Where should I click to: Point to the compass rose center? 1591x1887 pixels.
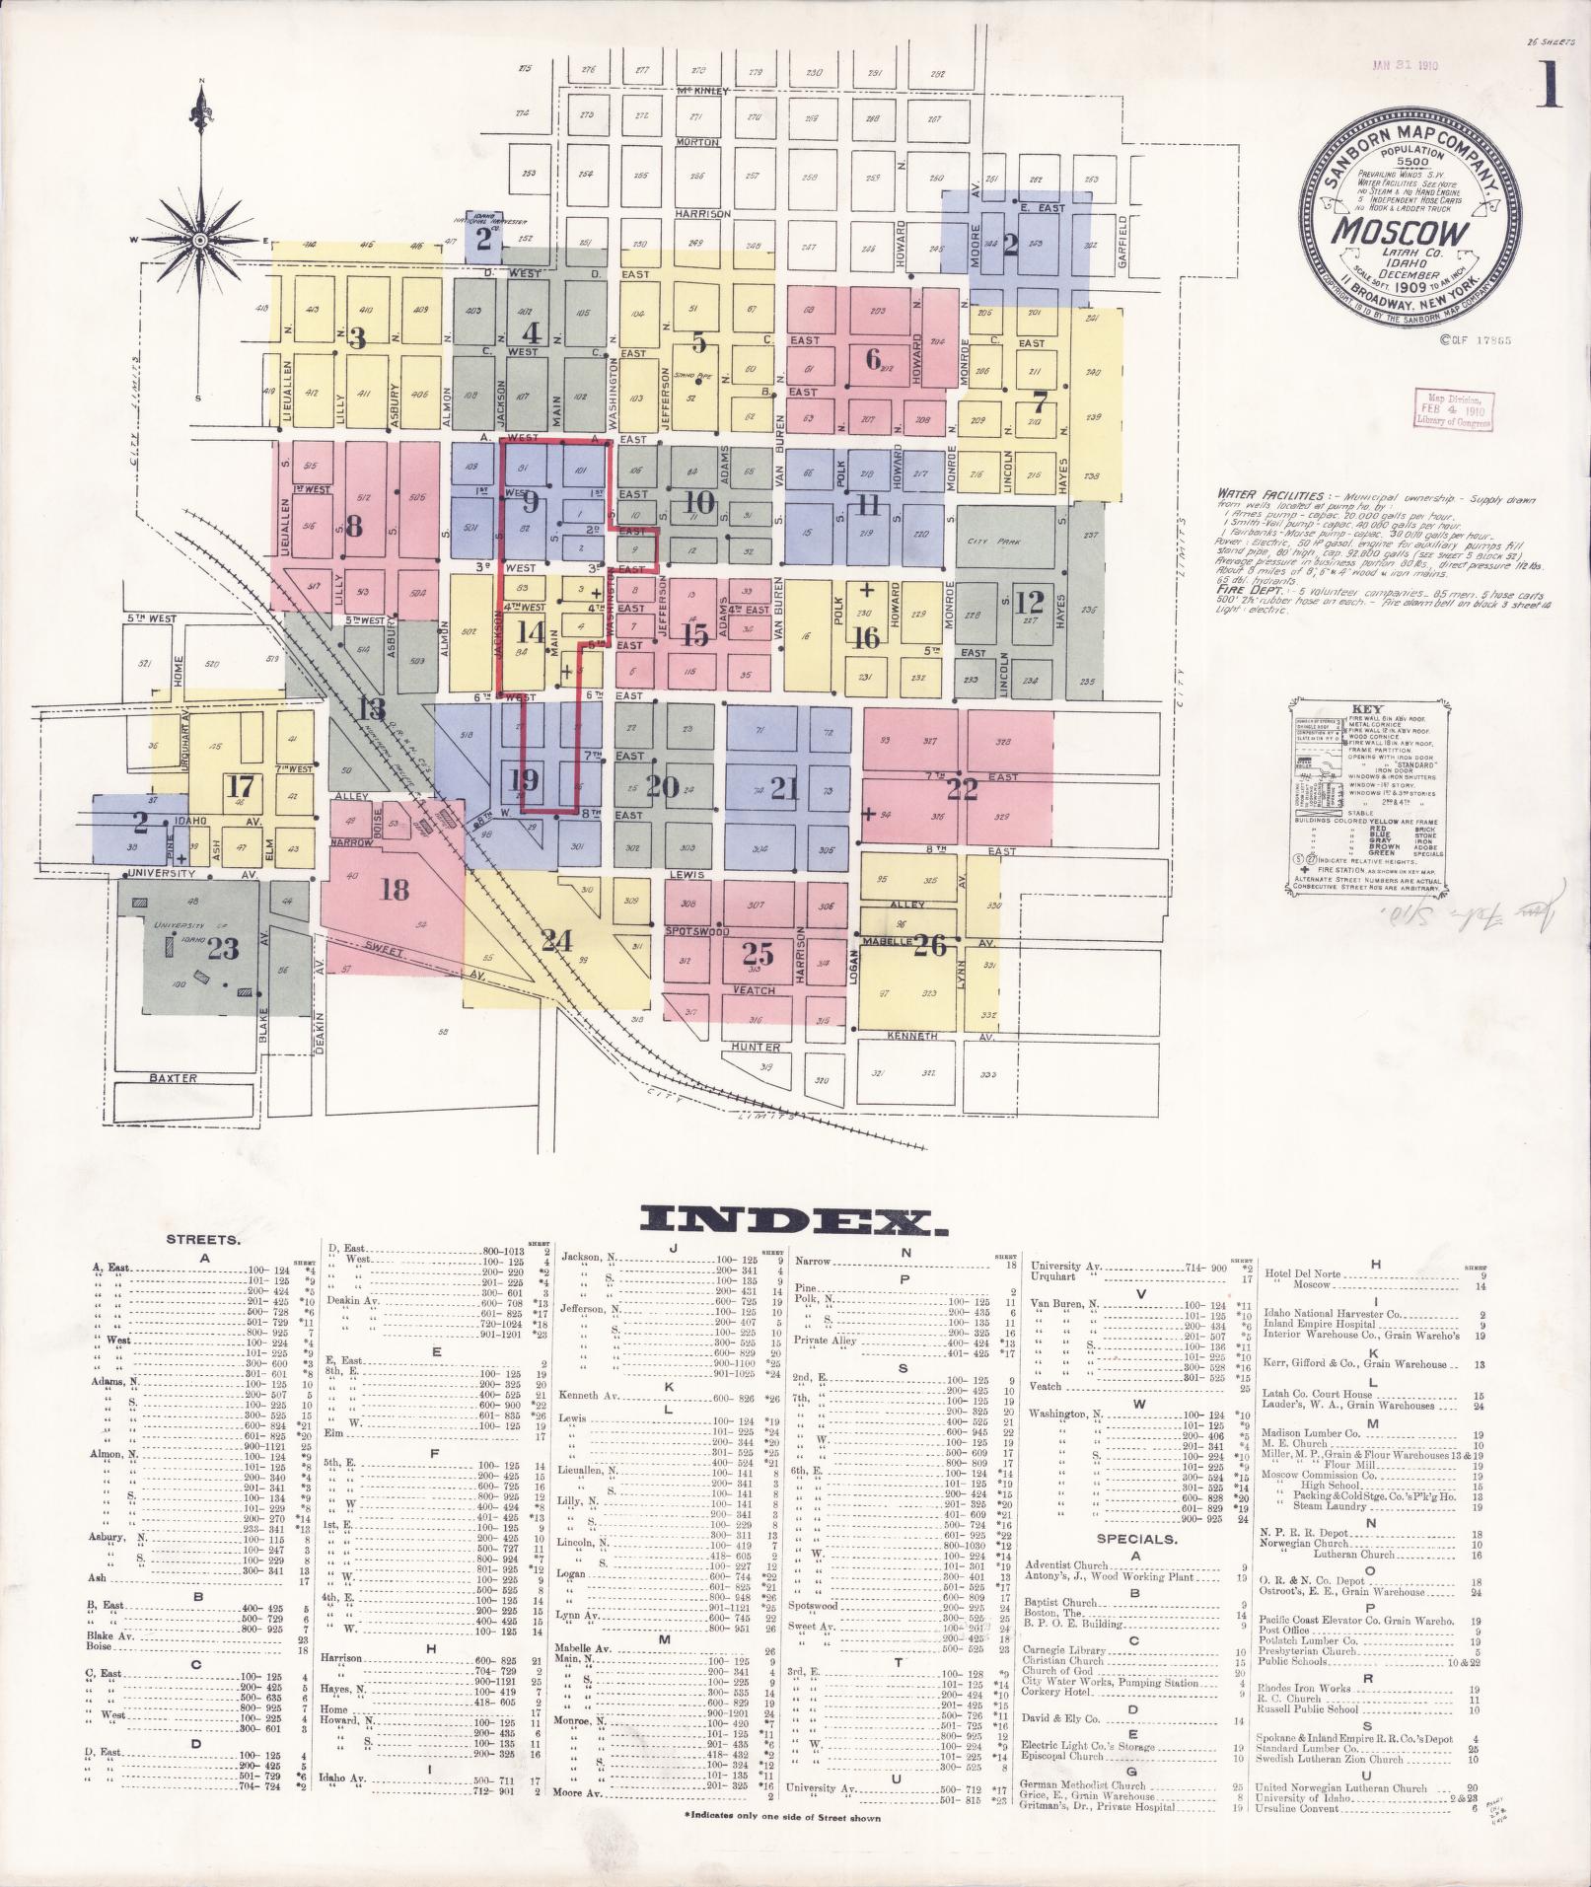pos(200,240)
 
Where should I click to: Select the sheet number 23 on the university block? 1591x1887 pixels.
pos(224,948)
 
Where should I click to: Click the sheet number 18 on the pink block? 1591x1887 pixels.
pos(394,890)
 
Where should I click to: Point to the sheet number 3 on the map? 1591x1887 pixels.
pos(357,338)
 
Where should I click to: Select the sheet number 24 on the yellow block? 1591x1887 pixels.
pos(555,940)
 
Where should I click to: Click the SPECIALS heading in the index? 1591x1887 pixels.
pos(1136,1538)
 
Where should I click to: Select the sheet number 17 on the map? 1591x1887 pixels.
pos(241,786)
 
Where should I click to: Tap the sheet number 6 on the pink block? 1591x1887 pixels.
pos(872,359)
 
